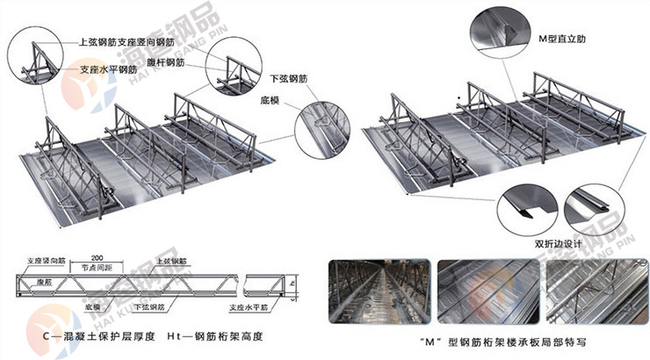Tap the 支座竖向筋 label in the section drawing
tap(46, 262)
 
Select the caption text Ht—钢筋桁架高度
tap(215, 336)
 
